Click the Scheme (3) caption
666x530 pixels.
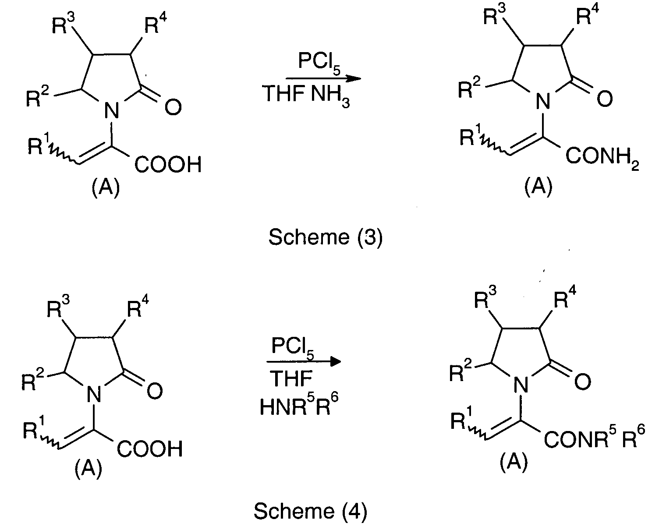point(326,237)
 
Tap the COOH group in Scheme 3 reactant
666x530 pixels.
point(168,164)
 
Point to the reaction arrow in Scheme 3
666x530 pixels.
point(323,78)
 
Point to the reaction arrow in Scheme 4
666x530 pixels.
point(304,361)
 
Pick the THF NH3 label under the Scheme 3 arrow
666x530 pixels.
point(306,95)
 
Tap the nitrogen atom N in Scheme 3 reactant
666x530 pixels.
point(111,110)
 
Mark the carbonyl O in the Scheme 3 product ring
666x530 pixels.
point(605,99)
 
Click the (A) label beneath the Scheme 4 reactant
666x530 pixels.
point(89,469)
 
